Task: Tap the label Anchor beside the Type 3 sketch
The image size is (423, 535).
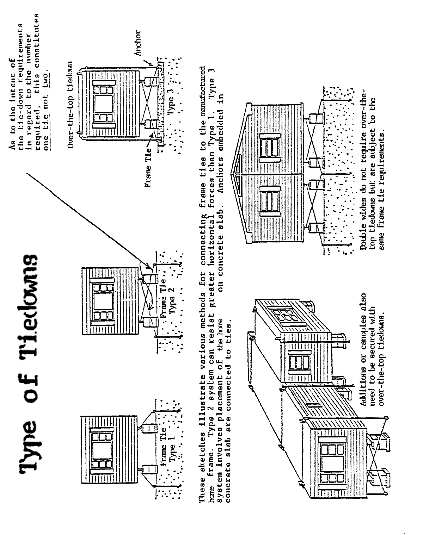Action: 138,43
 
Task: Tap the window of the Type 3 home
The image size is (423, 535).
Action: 103,106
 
